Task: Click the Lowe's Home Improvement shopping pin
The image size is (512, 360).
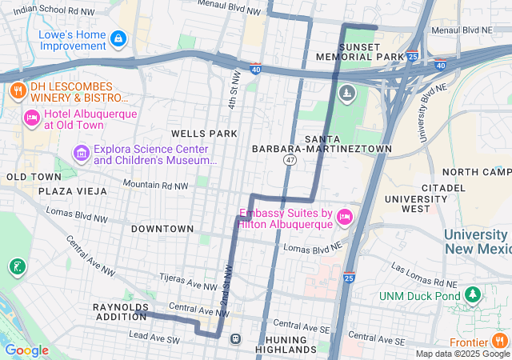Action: coord(118,38)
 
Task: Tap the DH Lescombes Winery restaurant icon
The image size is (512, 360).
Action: coord(16,90)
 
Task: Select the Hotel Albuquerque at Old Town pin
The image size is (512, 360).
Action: coord(32,118)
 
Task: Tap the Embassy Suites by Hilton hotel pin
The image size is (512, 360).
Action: coord(345,218)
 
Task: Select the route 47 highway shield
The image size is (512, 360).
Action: coord(290,161)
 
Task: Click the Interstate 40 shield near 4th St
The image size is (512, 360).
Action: coord(255,70)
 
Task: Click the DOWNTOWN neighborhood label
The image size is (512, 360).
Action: coord(162,229)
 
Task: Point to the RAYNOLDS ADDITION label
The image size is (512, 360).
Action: coord(120,312)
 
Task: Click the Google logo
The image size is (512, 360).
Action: coord(27,350)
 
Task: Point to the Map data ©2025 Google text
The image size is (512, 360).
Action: coord(462,354)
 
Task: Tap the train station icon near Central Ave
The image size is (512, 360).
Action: coord(236,338)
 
